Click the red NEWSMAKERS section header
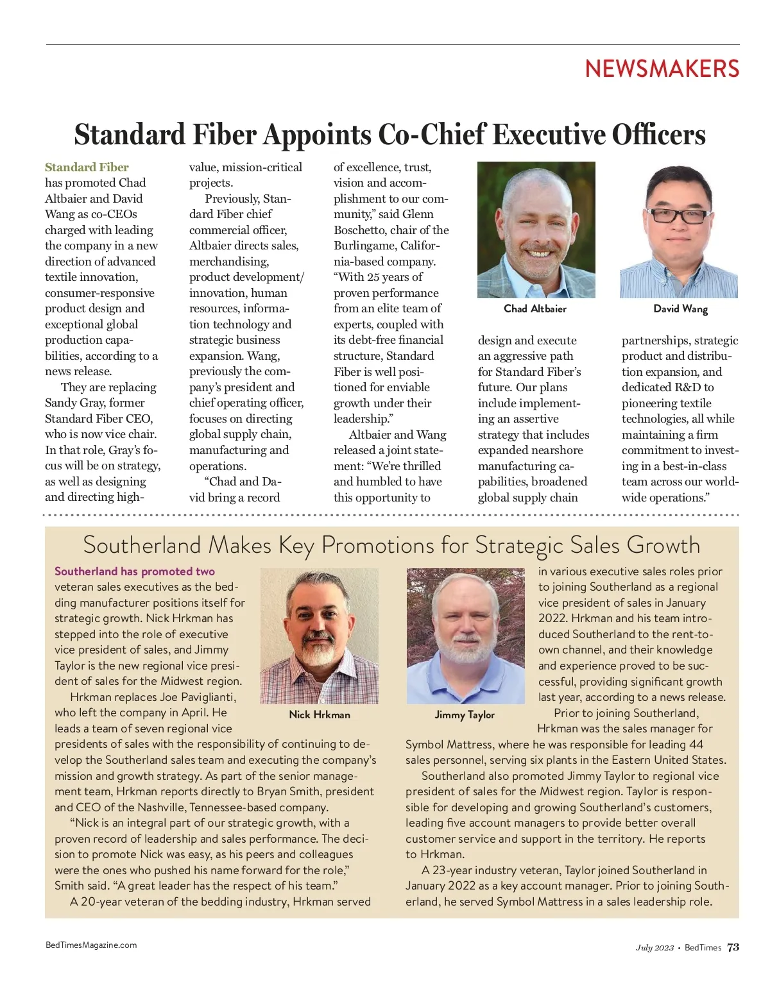pos(662,69)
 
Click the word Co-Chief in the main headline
pos(432,135)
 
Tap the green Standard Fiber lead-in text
pos(87,167)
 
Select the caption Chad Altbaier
pos(535,308)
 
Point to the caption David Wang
pos(680,308)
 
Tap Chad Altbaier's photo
pos(536,230)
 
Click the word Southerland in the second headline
pos(142,545)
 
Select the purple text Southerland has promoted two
pos(135,571)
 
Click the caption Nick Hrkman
pos(320,714)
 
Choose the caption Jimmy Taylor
pos(465,714)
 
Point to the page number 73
pos(733,947)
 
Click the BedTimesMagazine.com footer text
pos(91,945)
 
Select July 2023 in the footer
pos(654,948)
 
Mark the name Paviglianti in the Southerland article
pos(207,697)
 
